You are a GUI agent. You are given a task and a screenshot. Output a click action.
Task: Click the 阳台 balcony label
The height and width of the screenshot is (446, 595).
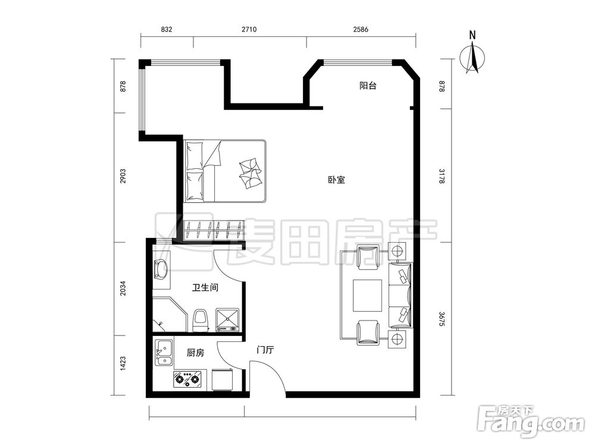point(368,86)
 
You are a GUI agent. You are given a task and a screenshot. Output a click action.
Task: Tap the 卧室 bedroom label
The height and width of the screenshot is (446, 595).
point(337,180)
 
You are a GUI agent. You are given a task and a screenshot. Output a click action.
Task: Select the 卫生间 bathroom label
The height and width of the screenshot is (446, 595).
point(205,288)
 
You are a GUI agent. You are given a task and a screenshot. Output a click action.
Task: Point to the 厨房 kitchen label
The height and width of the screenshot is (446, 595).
point(195,353)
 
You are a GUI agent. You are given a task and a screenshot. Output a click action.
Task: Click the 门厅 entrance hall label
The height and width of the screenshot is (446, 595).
point(265,350)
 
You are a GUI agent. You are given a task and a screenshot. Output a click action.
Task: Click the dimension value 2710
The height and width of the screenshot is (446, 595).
point(249,29)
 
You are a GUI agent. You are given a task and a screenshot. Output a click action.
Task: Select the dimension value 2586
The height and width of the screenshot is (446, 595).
point(361,29)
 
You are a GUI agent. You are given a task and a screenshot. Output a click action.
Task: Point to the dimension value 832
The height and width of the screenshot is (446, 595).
point(167,29)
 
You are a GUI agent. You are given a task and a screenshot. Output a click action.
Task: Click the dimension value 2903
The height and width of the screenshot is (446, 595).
point(122,177)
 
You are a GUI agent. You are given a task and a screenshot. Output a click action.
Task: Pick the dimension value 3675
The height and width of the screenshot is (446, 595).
point(441,319)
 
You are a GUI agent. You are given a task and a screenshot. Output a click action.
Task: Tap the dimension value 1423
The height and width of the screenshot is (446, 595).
point(122,363)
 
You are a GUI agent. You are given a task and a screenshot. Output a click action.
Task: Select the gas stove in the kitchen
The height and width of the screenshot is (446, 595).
point(187,379)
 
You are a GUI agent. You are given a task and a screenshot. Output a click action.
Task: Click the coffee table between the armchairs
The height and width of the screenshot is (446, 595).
point(367,296)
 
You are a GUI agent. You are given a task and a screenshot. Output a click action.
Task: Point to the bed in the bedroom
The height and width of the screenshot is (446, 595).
point(225,171)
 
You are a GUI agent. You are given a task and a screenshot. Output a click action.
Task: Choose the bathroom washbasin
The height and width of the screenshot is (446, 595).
point(161,269)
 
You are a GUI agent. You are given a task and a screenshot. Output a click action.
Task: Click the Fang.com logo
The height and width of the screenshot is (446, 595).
point(531,421)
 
